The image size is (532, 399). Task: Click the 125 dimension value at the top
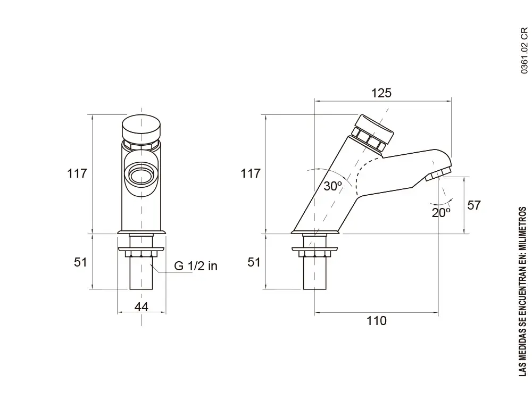[381, 93]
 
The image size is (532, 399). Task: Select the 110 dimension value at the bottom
[376, 321]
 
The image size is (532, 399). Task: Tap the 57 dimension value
[473, 205]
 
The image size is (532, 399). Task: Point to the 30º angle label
[332, 186]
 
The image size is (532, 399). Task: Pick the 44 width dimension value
[141, 307]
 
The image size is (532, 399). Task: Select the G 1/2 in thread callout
[195, 267]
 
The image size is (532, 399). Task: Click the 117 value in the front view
[77, 173]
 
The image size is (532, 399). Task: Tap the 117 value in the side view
[250, 173]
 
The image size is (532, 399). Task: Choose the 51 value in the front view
[80, 262]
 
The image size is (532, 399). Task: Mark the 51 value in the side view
[254, 262]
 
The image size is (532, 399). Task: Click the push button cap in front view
[141, 127]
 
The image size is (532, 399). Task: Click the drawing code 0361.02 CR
[524, 51]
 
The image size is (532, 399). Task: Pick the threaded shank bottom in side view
[314, 282]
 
